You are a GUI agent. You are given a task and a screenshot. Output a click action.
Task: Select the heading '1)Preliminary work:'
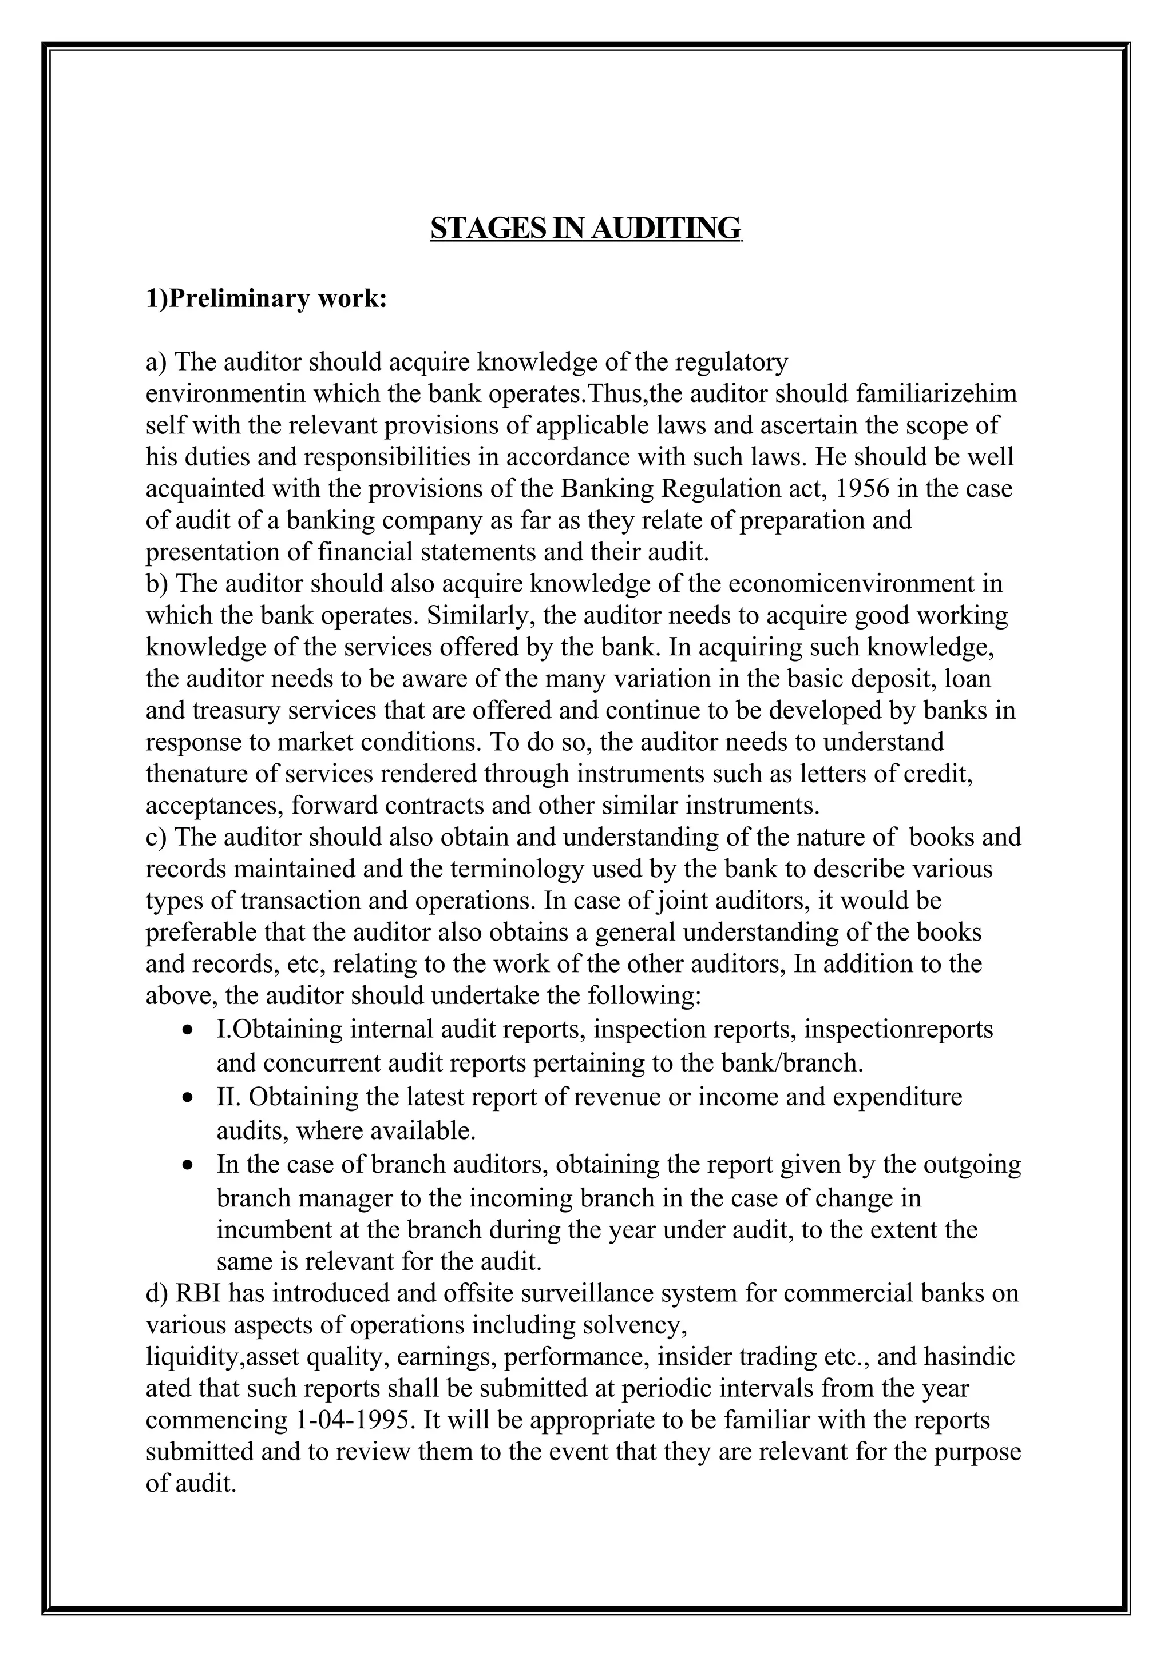pos(267,298)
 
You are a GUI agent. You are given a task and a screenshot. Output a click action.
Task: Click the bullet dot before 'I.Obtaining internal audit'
pos(188,1029)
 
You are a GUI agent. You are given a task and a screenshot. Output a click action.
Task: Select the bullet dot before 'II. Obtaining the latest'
pos(188,1098)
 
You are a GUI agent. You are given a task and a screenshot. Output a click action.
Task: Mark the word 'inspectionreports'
pos(898,1029)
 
